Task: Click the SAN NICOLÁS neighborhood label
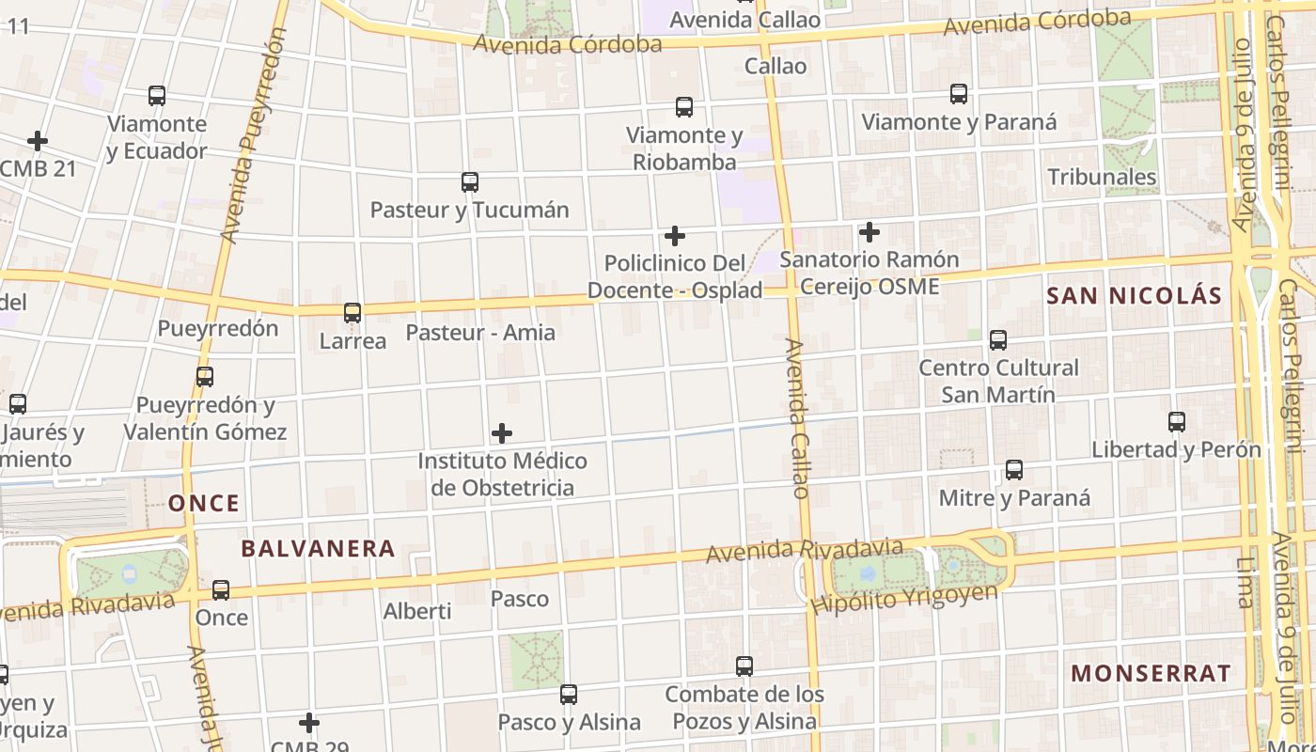(x=1134, y=296)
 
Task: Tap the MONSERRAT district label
(x=1151, y=673)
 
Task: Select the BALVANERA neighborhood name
(x=318, y=549)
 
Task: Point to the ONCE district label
(x=204, y=503)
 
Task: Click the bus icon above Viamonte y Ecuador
(x=157, y=96)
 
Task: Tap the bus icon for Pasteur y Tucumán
(x=470, y=182)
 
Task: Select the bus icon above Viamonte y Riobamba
(x=684, y=108)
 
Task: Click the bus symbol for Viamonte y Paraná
(x=959, y=94)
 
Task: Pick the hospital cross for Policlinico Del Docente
(x=675, y=235)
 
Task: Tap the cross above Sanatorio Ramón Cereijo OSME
(x=869, y=231)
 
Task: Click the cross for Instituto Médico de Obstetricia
(x=502, y=433)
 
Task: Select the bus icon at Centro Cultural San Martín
(x=998, y=340)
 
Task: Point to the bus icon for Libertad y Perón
(x=1177, y=422)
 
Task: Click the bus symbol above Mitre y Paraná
(x=1014, y=470)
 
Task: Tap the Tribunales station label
(x=1102, y=177)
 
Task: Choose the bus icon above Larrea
(x=352, y=313)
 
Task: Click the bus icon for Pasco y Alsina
(x=569, y=695)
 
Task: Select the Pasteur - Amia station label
(x=480, y=333)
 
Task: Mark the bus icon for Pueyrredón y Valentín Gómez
(x=205, y=377)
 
